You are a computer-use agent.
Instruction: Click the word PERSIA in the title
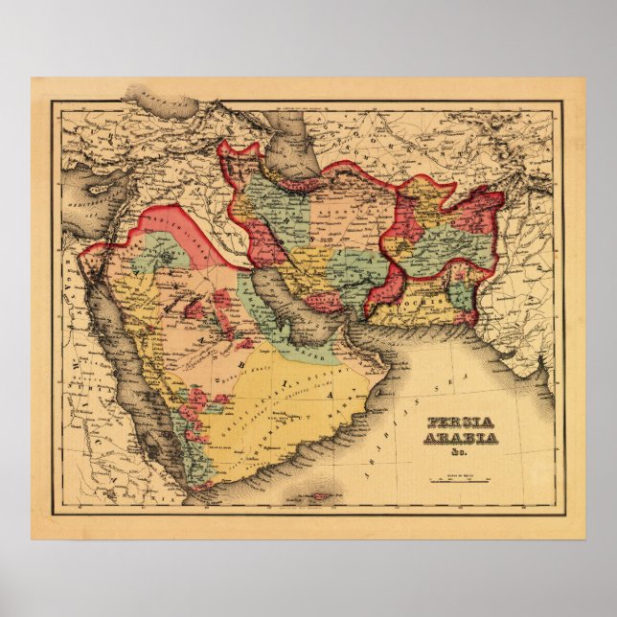[454, 423]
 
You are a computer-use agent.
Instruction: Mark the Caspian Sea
[287, 153]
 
